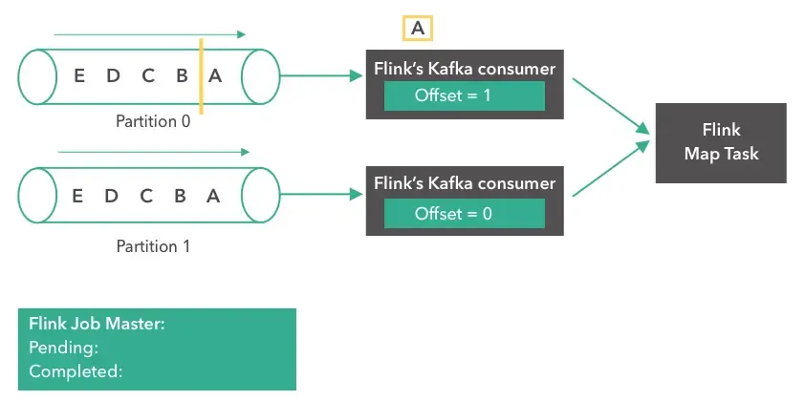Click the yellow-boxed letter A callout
coord(417,30)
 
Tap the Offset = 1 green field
coord(465,96)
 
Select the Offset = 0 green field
coord(465,214)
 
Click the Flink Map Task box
coord(720,142)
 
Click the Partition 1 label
coord(153,246)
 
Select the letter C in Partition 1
coord(146,196)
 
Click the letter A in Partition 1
coord(213,196)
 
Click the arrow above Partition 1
coord(153,152)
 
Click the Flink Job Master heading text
coord(98,325)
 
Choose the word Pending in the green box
coord(64,348)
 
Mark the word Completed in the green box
coord(76,370)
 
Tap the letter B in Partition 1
coord(179,196)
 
